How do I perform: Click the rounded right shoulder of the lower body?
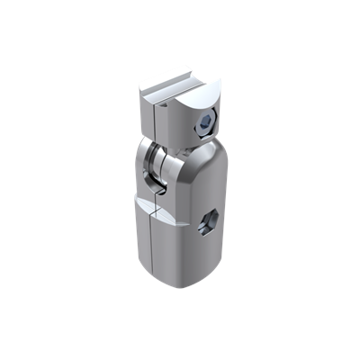click(x=211, y=171)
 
